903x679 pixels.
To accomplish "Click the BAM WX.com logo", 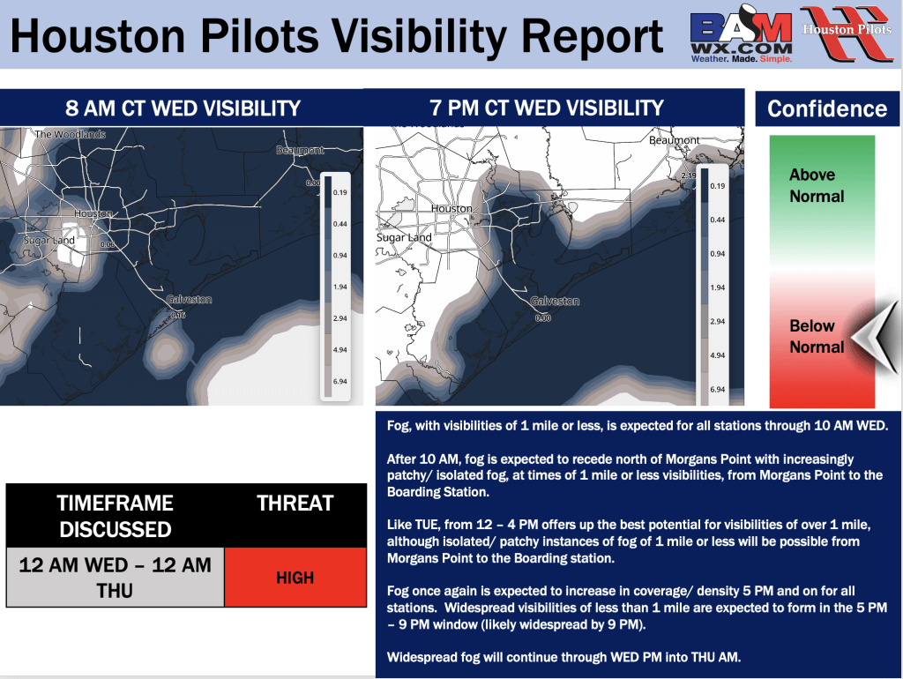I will click(x=740, y=34).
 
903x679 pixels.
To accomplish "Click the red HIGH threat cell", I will click(x=295, y=578).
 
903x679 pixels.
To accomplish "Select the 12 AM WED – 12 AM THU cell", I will click(x=116, y=577).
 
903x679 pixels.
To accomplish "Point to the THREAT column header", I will click(x=295, y=504).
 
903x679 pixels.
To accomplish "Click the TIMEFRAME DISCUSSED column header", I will click(x=116, y=516).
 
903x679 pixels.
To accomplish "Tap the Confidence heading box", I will click(x=827, y=109).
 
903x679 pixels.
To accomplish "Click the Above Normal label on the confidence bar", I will click(x=817, y=185).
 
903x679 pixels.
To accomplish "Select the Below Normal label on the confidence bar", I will click(x=817, y=336).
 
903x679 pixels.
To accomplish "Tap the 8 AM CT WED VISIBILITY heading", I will click(x=183, y=109).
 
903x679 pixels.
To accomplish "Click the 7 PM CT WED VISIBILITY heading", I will click(x=547, y=108).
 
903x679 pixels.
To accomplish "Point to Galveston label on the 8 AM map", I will click(x=189, y=300).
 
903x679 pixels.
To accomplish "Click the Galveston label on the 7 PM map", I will click(x=555, y=302).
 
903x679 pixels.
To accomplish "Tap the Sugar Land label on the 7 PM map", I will click(x=404, y=238).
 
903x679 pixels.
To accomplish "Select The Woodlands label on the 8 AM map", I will click(x=70, y=135).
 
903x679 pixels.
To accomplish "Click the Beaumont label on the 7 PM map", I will click(x=674, y=140).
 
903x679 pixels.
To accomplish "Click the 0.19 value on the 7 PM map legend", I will click(x=716, y=187).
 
